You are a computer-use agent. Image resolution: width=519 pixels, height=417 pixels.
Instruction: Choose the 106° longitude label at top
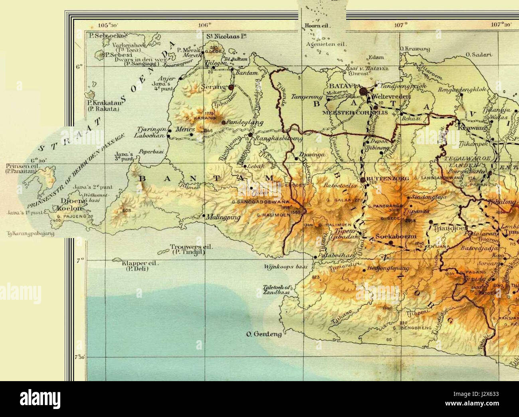tap(204, 25)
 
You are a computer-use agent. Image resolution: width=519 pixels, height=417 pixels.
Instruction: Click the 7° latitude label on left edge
tap(79, 260)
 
